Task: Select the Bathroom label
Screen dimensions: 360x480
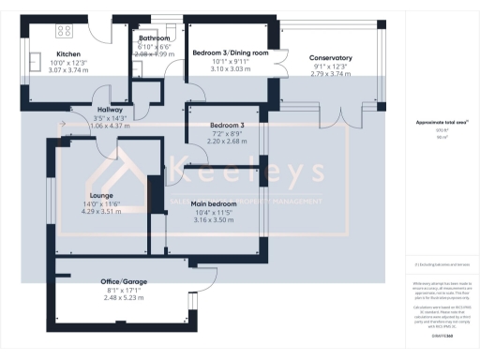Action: click(x=153, y=37)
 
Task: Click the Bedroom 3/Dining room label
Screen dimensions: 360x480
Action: click(x=230, y=52)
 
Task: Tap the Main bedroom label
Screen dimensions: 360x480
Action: click(x=213, y=203)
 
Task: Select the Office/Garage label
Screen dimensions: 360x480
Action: click(x=124, y=281)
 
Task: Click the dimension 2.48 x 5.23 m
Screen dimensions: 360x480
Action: click(x=124, y=297)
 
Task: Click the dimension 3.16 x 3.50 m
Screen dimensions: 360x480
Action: click(x=213, y=219)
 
